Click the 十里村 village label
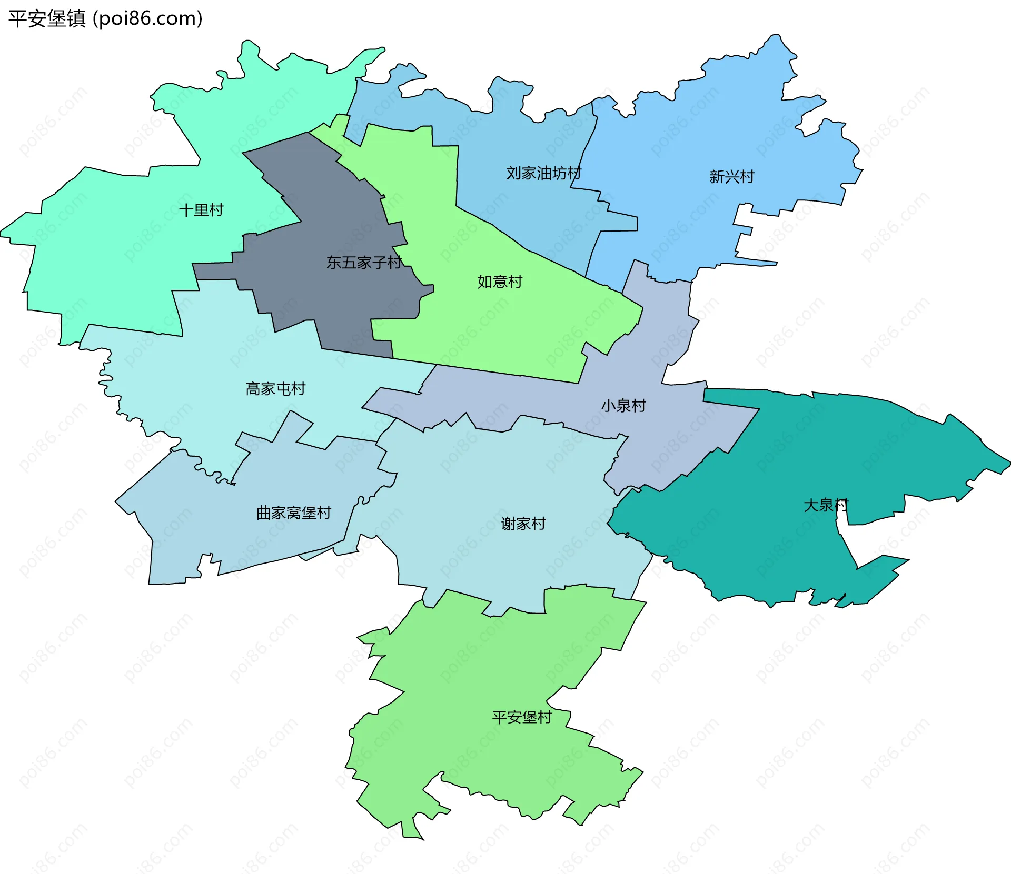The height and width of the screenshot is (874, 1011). click(201, 210)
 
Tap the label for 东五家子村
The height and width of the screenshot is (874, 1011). click(364, 262)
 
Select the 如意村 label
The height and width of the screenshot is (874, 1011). click(500, 282)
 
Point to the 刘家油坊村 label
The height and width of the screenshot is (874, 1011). click(543, 173)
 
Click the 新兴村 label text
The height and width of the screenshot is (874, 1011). click(731, 177)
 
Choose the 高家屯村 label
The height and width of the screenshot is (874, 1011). click(275, 389)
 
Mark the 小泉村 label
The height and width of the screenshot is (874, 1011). click(623, 406)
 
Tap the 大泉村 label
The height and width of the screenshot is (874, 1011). click(826, 505)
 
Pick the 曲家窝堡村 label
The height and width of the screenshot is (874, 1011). click(293, 513)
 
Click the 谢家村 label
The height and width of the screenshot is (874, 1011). click(523, 524)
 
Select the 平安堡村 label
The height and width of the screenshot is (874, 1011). click(522, 717)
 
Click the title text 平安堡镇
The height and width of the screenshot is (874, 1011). click(47, 19)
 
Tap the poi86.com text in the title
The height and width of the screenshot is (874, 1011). click(147, 19)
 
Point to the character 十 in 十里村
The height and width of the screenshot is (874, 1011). click(186, 210)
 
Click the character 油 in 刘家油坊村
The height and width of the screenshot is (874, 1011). click(544, 173)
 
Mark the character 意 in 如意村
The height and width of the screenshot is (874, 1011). click(500, 282)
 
